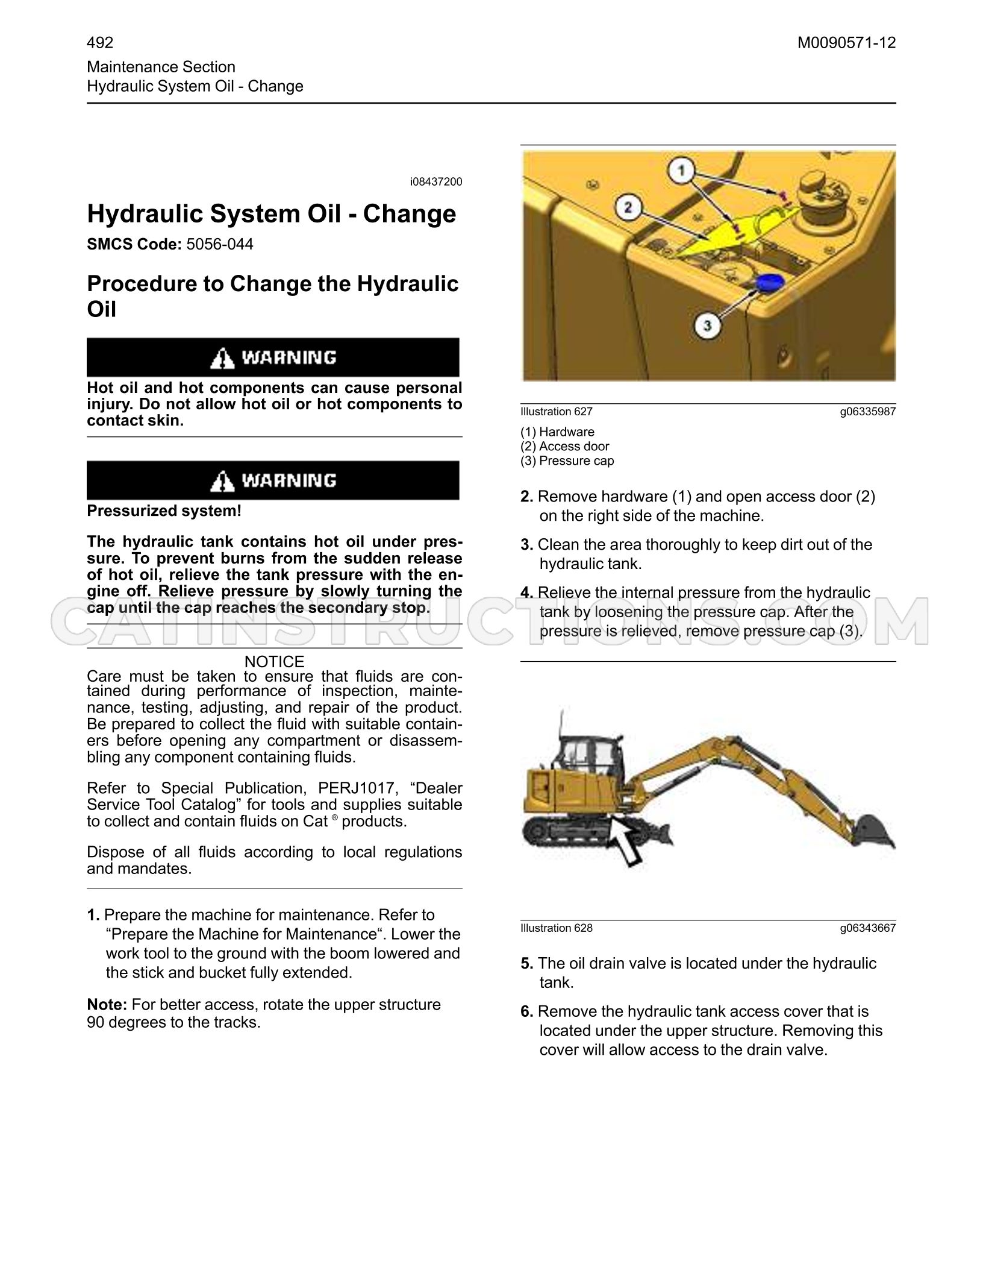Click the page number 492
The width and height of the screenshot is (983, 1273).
pyautogui.click(x=100, y=43)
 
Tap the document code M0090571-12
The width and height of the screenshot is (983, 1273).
pyautogui.click(x=847, y=43)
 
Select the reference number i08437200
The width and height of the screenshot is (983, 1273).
pyautogui.click(x=436, y=182)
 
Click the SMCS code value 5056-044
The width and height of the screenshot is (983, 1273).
pyautogui.click(x=220, y=245)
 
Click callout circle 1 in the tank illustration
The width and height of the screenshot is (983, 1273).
pyautogui.click(x=682, y=171)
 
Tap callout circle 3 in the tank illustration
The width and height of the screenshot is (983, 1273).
pyautogui.click(x=708, y=326)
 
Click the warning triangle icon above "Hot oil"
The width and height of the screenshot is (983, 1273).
pyautogui.click(x=222, y=359)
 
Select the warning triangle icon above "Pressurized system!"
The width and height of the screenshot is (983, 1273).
pyautogui.click(x=222, y=482)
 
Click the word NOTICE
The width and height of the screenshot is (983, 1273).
pyautogui.click(x=275, y=662)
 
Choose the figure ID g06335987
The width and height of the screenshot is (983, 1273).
pyautogui.click(x=868, y=412)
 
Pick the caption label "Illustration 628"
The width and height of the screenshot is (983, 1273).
pyautogui.click(x=557, y=928)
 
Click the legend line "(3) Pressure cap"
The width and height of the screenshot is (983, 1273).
pyautogui.click(x=567, y=461)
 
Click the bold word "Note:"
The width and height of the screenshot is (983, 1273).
pyautogui.click(x=107, y=1005)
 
